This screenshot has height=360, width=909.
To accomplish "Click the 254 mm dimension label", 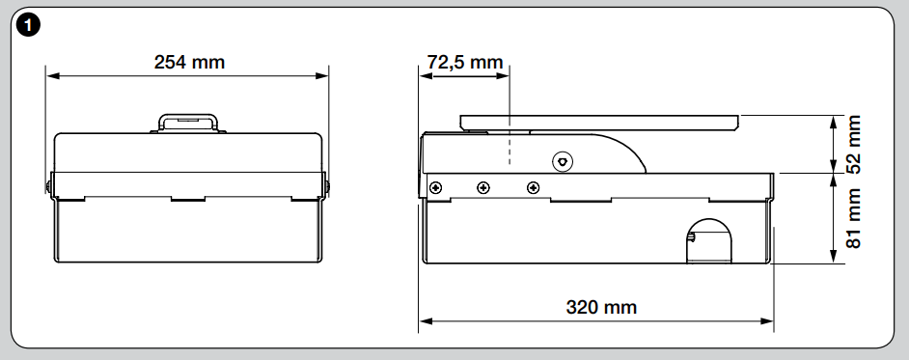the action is [x=189, y=62].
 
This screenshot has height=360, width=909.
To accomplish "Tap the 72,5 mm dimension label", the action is [x=465, y=62].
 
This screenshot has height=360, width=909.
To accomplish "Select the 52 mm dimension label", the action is [x=853, y=144].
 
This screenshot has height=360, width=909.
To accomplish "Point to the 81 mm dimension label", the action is [x=853, y=218].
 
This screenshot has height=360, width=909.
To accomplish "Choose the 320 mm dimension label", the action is [x=601, y=307].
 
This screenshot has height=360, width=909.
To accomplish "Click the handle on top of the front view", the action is [x=188, y=123].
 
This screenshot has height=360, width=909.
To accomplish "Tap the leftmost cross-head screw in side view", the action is [x=435, y=188].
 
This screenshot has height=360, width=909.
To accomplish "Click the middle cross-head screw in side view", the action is [x=482, y=188].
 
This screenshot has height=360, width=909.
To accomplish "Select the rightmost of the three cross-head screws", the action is [x=533, y=188].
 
